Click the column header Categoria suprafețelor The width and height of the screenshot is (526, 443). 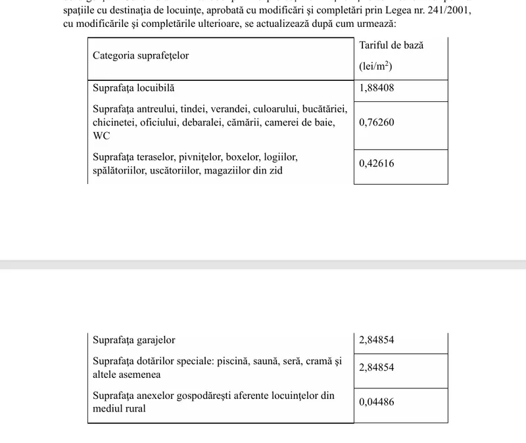tap(141, 56)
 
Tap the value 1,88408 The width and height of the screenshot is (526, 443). tap(377, 87)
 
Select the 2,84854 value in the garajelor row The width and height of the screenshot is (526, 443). tap(377, 340)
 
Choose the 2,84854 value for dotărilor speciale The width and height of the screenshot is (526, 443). tap(377, 367)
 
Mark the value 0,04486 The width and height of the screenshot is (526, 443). tap(377, 402)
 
